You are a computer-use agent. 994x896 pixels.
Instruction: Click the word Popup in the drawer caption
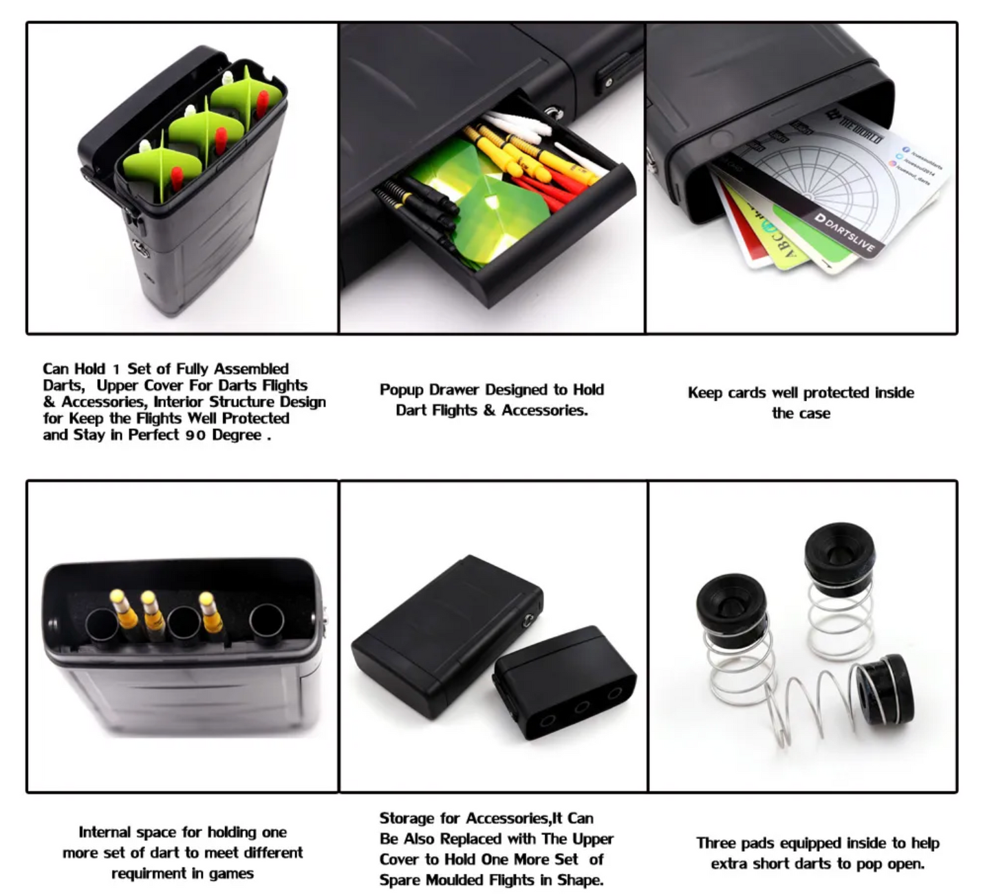pyautogui.click(x=401, y=390)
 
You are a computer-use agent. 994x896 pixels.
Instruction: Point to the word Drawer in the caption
pyautogui.click(x=453, y=390)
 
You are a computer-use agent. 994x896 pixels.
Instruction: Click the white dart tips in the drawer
pyautogui.click(x=519, y=127)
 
